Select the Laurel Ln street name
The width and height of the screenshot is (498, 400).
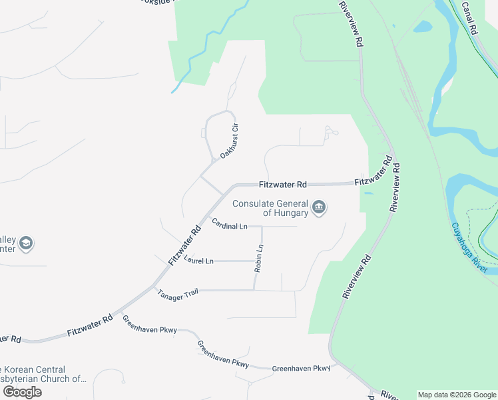coord(198,260)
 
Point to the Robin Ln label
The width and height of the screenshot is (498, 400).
coord(259,259)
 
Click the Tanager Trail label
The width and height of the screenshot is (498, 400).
coord(178,293)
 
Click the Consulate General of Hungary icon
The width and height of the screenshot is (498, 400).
coord(319,208)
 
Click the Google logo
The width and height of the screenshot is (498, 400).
coord(22,391)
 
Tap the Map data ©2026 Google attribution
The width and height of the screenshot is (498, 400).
coord(456,395)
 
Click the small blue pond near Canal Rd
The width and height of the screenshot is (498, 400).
coord(423,27)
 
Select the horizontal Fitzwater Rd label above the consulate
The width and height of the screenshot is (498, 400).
coord(282,184)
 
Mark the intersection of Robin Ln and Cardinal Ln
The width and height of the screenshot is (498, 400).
coord(262,227)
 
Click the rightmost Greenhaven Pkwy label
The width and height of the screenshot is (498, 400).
coord(301,368)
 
